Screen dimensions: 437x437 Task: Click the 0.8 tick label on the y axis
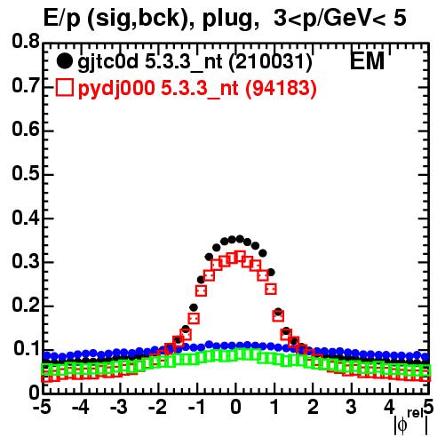pyautogui.click(x=26, y=42)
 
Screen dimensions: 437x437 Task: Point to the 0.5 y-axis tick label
pyautogui.click(x=26, y=173)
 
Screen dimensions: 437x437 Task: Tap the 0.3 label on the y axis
pyautogui.click(x=26, y=261)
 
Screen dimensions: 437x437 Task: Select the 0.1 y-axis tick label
pyautogui.click(x=27, y=349)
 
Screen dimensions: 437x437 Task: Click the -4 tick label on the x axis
pyautogui.click(x=81, y=408)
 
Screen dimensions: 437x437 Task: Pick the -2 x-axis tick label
pyautogui.click(x=158, y=408)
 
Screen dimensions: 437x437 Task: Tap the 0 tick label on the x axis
pyautogui.click(x=235, y=408)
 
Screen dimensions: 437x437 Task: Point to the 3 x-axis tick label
pyautogui.click(x=351, y=408)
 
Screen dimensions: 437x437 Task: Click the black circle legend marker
pyautogui.click(x=64, y=61)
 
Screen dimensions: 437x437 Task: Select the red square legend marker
pyautogui.click(x=64, y=88)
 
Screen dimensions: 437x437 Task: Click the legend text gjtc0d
pyautogui.click(x=108, y=63)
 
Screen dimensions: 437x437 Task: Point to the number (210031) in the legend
pyautogui.click(x=271, y=62)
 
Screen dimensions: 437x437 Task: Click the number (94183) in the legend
pyautogui.click(x=281, y=89)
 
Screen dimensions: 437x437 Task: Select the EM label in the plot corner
pyautogui.click(x=367, y=61)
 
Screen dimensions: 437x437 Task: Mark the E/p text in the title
pyautogui.click(x=61, y=19)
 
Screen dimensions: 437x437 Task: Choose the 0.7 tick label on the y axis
pyautogui.click(x=26, y=85)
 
